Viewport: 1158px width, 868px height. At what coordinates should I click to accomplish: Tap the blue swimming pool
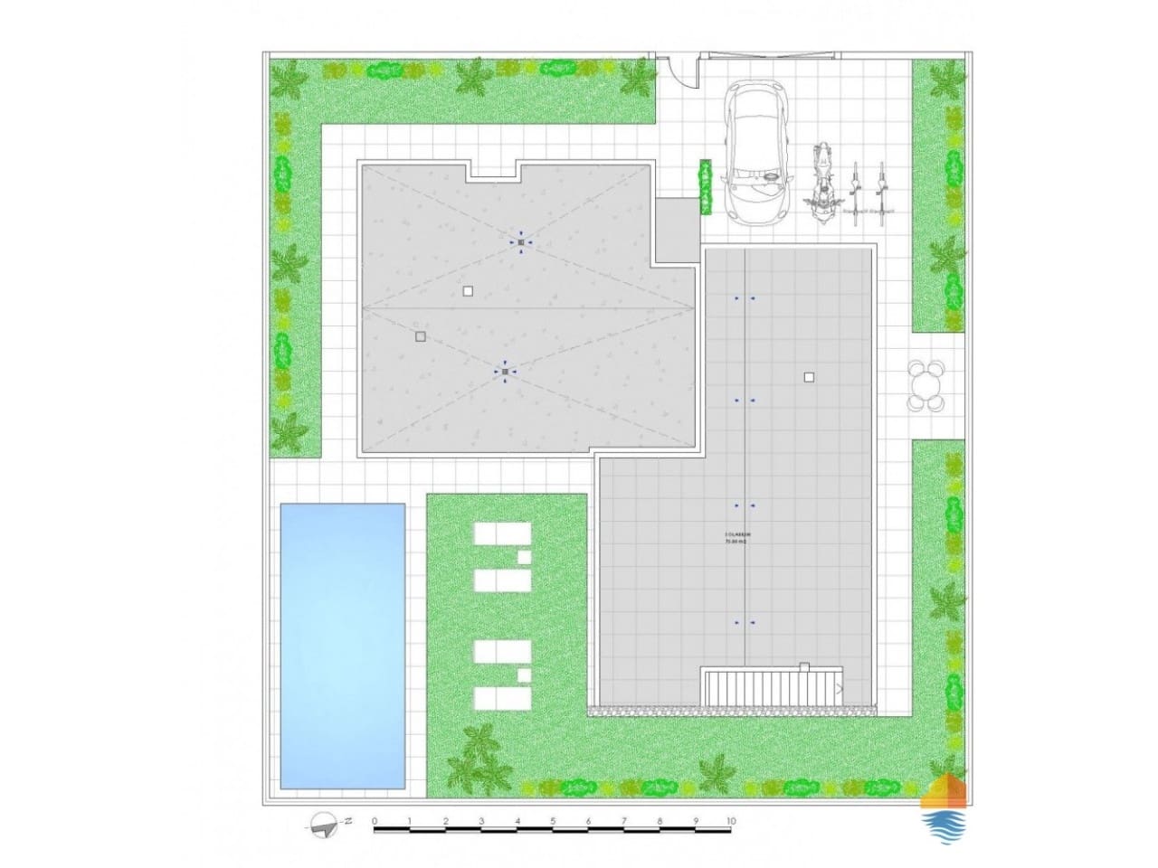(x=342, y=644)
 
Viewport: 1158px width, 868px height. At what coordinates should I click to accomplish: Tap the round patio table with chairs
(x=925, y=385)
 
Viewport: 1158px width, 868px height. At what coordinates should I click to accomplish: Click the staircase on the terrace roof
(x=772, y=687)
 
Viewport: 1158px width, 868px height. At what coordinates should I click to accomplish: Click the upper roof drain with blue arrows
(x=521, y=242)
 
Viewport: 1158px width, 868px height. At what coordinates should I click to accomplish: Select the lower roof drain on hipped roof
(x=505, y=372)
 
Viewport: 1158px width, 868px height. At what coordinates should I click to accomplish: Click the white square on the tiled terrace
(x=809, y=377)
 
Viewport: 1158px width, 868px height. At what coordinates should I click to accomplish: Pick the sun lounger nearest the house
(x=501, y=534)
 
